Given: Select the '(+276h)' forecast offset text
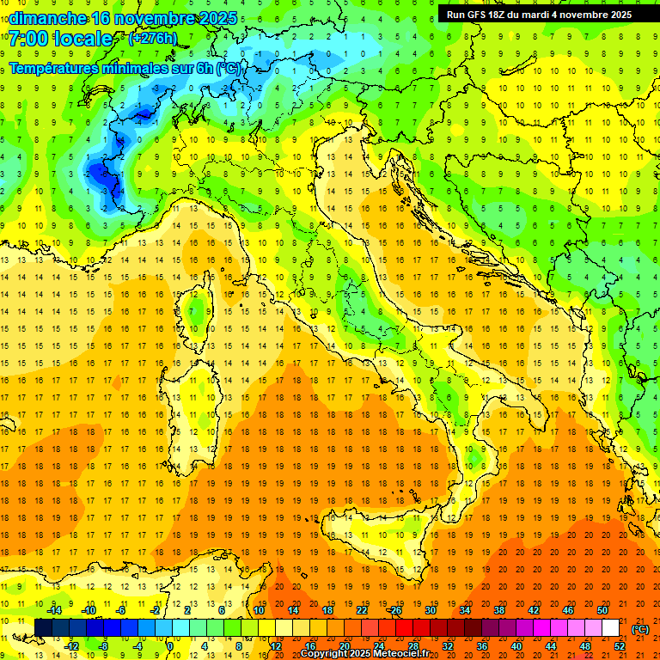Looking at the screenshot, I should tap(152, 38).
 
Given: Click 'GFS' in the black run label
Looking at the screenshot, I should tap(477, 14).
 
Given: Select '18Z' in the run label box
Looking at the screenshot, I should tap(501, 14).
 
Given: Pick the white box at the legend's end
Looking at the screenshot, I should tap(610, 628).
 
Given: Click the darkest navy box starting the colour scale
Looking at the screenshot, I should tap(43, 628).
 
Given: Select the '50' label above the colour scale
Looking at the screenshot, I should tap(602, 610).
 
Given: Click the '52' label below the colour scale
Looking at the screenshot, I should tap(620, 646).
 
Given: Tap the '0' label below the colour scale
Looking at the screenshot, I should tap(170, 646).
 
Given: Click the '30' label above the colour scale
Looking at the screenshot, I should tap(431, 610).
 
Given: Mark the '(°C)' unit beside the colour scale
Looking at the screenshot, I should tap(640, 628).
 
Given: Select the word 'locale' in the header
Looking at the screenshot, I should tap(84, 39).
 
